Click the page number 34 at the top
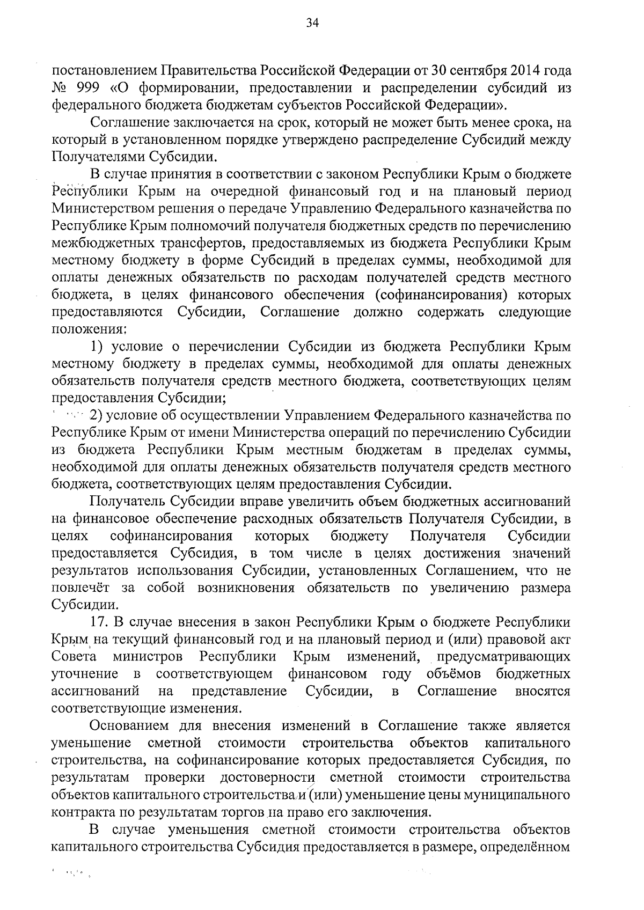click(312, 22)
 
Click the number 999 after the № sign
click(83, 89)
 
